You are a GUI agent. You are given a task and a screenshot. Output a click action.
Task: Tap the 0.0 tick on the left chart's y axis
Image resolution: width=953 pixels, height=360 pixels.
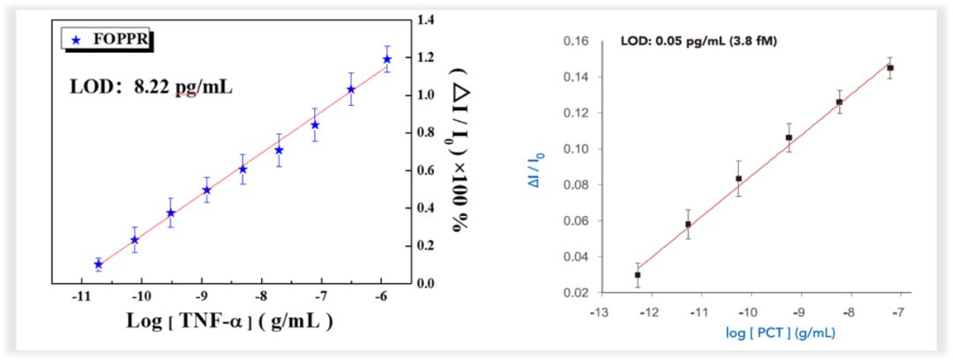point(428,283)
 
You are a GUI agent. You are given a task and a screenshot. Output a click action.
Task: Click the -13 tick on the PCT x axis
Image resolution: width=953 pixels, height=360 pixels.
point(599,311)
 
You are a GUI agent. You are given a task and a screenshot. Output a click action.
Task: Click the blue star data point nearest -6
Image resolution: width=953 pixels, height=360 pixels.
point(386,59)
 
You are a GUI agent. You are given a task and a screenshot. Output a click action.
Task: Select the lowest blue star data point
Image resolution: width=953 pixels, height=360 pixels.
point(98,264)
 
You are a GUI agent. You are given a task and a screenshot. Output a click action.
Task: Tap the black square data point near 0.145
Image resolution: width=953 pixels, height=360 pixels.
point(890,68)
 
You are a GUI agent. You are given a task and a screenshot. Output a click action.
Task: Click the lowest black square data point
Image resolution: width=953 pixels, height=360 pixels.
point(637,274)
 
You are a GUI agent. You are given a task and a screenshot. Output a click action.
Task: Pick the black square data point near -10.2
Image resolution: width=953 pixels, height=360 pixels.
point(739,178)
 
